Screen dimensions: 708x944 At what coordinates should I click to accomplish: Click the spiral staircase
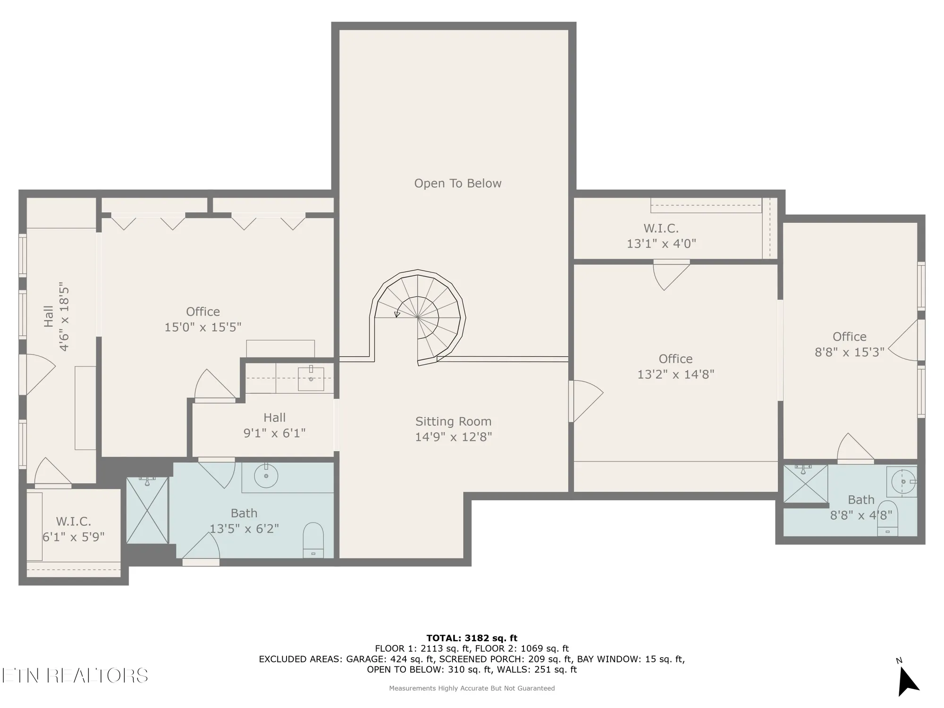pyautogui.click(x=418, y=318)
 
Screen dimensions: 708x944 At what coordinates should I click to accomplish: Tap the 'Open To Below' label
pyautogui.click(x=457, y=183)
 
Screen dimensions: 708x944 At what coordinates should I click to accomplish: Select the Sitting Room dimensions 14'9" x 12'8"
pyautogui.click(x=453, y=437)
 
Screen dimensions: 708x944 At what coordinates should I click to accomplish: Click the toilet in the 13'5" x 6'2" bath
pyautogui.click(x=313, y=540)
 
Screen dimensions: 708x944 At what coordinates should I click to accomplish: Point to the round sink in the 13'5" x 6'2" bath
pyautogui.click(x=266, y=476)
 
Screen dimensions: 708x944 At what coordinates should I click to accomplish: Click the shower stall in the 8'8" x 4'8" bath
pyautogui.click(x=805, y=484)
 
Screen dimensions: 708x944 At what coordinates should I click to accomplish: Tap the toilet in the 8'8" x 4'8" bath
pyautogui.click(x=887, y=519)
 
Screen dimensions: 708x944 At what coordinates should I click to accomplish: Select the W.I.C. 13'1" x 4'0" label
pyautogui.click(x=661, y=236)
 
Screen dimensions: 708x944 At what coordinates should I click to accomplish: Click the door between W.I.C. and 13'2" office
pyautogui.click(x=670, y=274)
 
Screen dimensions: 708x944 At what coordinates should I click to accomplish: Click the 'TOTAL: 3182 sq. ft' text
pyautogui.click(x=472, y=638)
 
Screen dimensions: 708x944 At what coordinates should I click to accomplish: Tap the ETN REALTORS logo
pyautogui.click(x=75, y=675)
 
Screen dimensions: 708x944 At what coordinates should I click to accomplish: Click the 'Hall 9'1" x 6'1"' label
pyautogui.click(x=274, y=425)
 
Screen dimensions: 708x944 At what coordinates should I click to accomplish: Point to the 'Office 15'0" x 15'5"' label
pyautogui.click(x=202, y=319)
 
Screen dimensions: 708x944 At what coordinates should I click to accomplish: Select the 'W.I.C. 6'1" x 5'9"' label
pyautogui.click(x=73, y=529)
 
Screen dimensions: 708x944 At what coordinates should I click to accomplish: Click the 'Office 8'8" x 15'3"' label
pyautogui.click(x=849, y=344)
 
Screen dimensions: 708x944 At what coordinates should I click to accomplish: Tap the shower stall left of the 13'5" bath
pyautogui.click(x=147, y=510)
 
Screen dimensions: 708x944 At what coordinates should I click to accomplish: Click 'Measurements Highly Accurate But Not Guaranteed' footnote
pyautogui.click(x=472, y=688)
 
